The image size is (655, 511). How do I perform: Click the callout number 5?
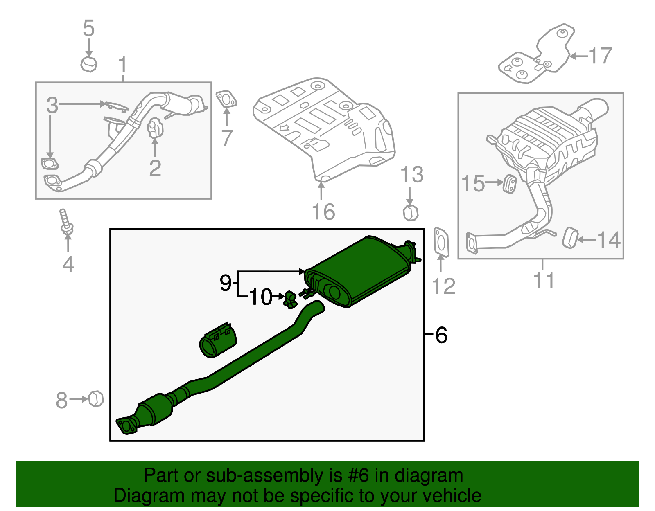point(88,29)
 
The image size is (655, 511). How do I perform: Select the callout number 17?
point(600,56)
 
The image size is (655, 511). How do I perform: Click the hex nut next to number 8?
point(96,398)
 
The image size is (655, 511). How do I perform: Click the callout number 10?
point(260,297)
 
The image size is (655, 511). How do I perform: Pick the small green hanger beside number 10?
point(290,299)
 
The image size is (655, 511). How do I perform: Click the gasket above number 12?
point(441,243)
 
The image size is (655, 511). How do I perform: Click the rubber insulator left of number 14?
point(570,239)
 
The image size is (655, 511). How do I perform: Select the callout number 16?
point(323,212)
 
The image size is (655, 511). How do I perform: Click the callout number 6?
point(441,335)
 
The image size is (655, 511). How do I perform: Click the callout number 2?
point(155,168)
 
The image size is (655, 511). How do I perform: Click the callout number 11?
point(543,281)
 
